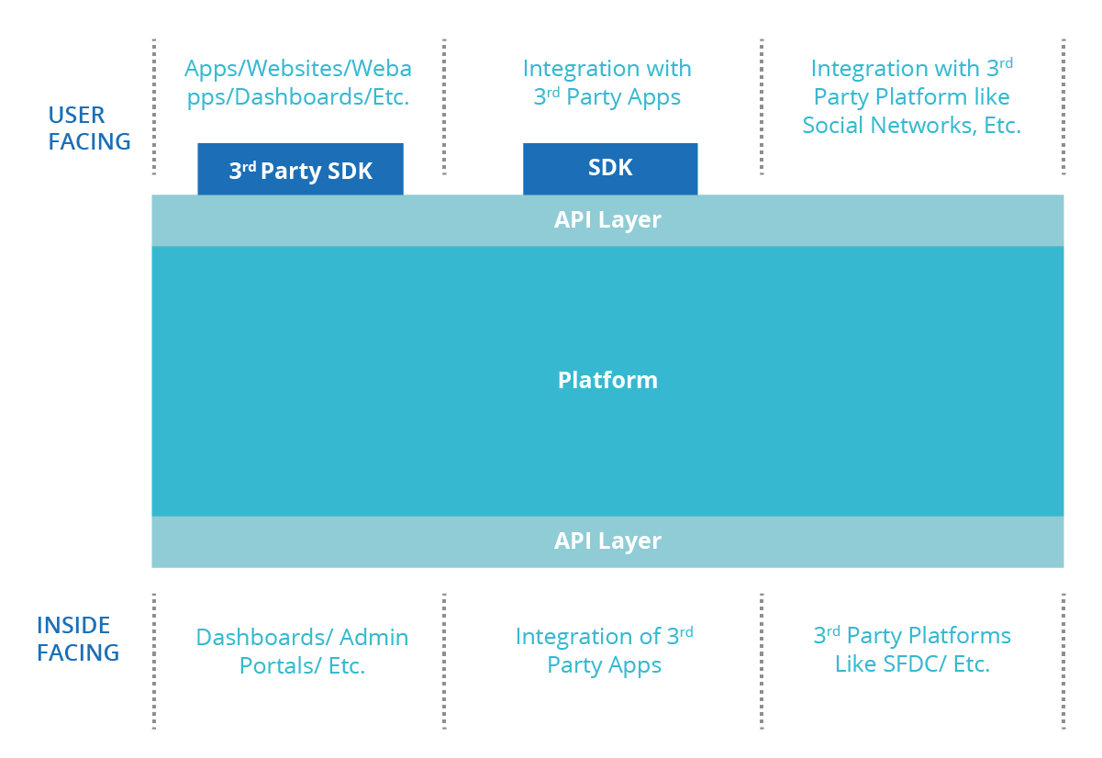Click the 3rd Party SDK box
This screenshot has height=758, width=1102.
pyautogui.click(x=300, y=170)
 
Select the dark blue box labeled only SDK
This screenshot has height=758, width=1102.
pyautogui.click(x=610, y=169)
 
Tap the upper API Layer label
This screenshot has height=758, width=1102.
pyautogui.click(x=607, y=220)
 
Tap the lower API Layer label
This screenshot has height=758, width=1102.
pyautogui.click(x=607, y=541)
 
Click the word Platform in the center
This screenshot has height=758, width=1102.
pyautogui.click(x=607, y=380)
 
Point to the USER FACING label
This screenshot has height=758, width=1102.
pyautogui.click(x=89, y=128)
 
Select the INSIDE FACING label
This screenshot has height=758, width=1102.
pyautogui.click(x=78, y=639)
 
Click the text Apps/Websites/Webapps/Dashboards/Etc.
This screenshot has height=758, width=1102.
pyautogui.click(x=298, y=83)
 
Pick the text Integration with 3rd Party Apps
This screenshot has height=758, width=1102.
pyautogui.click(x=607, y=83)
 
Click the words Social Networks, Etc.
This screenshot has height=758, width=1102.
pyautogui.click(x=911, y=126)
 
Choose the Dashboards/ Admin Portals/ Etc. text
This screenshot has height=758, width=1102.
pyautogui.click(x=302, y=651)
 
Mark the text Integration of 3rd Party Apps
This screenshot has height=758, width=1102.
pyautogui.click(x=605, y=650)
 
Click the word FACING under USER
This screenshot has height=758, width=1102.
pyautogui.click(x=89, y=142)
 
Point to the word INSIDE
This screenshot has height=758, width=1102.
pyautogui.click(x=73, y=625)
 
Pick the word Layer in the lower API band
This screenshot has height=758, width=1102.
pyautogui.click(x=630, y=541)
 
